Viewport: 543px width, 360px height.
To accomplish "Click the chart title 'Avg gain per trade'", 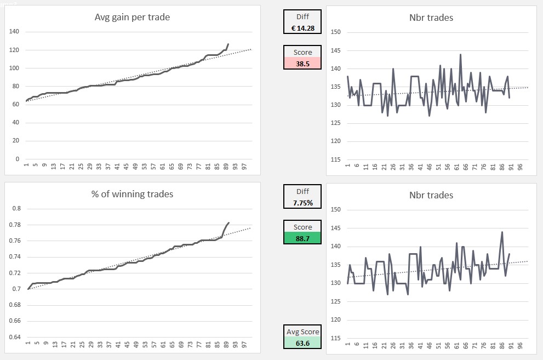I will (132, 17).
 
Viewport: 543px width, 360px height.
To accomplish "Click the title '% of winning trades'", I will (132, 194).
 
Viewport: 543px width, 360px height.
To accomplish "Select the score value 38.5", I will (302, 63).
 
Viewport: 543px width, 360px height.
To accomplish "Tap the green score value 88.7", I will (302, 238).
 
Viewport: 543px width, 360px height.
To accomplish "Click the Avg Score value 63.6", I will (302, 343).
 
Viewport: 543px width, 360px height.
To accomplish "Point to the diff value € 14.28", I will (302, 28).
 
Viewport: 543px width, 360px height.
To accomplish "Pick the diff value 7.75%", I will (302, 203).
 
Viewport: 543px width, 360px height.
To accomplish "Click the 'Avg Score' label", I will (302, 332).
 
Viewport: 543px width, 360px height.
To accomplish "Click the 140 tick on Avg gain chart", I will (14, 32).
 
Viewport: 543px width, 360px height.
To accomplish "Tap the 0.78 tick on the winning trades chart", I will (16, 225).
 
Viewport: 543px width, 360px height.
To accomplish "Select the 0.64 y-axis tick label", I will (16, 336).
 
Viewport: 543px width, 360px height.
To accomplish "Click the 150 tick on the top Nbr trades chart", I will (336, 32).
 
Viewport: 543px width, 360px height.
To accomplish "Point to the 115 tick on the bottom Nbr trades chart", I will (336, 338).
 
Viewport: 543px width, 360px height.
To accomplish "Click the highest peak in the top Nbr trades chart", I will (460, 54).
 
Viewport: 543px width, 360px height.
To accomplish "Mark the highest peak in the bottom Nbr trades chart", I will (502, 232).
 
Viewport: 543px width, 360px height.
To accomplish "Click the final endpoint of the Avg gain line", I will (228, 44).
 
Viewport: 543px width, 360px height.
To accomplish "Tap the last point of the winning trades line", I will (228, 222).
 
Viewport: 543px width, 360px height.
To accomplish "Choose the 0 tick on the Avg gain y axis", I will (18, 159).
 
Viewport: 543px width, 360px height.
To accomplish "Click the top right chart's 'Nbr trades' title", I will (431, 18).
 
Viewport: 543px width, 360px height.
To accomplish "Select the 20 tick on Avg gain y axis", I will (16, 141).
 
